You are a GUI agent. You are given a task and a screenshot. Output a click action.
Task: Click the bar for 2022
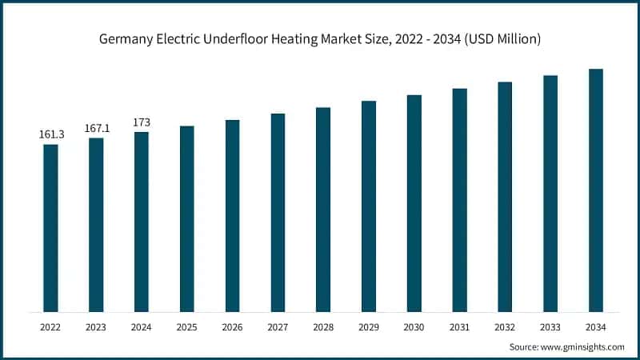pos(50,228)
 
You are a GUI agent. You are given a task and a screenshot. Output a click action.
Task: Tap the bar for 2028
pos(323,209)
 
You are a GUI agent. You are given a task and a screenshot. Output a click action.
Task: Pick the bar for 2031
pos(459,200)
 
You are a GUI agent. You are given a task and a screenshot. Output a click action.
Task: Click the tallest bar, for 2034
pos(596,190)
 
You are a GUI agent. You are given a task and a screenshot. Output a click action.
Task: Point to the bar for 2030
pos(414,203)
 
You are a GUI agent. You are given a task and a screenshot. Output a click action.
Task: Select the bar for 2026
pos(232,215)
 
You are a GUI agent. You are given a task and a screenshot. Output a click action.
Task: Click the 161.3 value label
pos(51,134)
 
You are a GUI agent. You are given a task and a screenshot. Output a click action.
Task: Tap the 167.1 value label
pos(96,128)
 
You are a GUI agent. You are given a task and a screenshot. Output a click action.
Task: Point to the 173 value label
pos(142,122)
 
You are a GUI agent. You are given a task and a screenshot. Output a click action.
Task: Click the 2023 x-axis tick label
pos(96,327)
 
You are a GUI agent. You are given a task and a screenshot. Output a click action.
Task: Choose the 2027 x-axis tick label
pos(278,327)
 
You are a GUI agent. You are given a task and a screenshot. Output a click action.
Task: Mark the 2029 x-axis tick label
pos(369,327)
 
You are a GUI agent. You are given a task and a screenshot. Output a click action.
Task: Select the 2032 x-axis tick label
pos(505,327)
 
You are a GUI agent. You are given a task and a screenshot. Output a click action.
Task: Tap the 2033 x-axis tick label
pos(550,327)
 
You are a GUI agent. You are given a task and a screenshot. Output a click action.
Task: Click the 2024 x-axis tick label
pos(142,327)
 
